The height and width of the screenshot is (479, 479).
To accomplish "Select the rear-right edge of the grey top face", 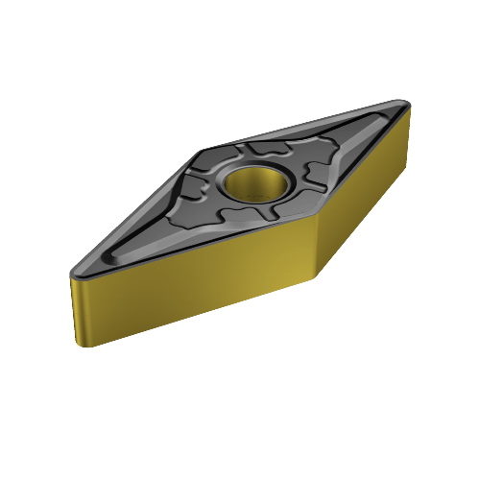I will click(x=307, y=124).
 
